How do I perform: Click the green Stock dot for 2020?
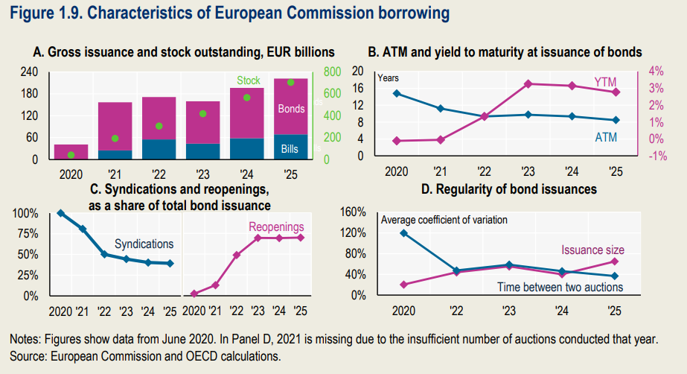71,155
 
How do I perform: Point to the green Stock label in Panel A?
249,80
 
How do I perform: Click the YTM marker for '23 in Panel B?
528,83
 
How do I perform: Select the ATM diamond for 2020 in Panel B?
397,93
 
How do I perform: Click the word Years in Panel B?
389,77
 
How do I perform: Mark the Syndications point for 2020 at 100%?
61,213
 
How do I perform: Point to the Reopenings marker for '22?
237,255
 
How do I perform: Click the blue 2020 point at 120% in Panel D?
404,233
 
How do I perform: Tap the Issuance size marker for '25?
614,261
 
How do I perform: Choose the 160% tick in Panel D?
352,212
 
